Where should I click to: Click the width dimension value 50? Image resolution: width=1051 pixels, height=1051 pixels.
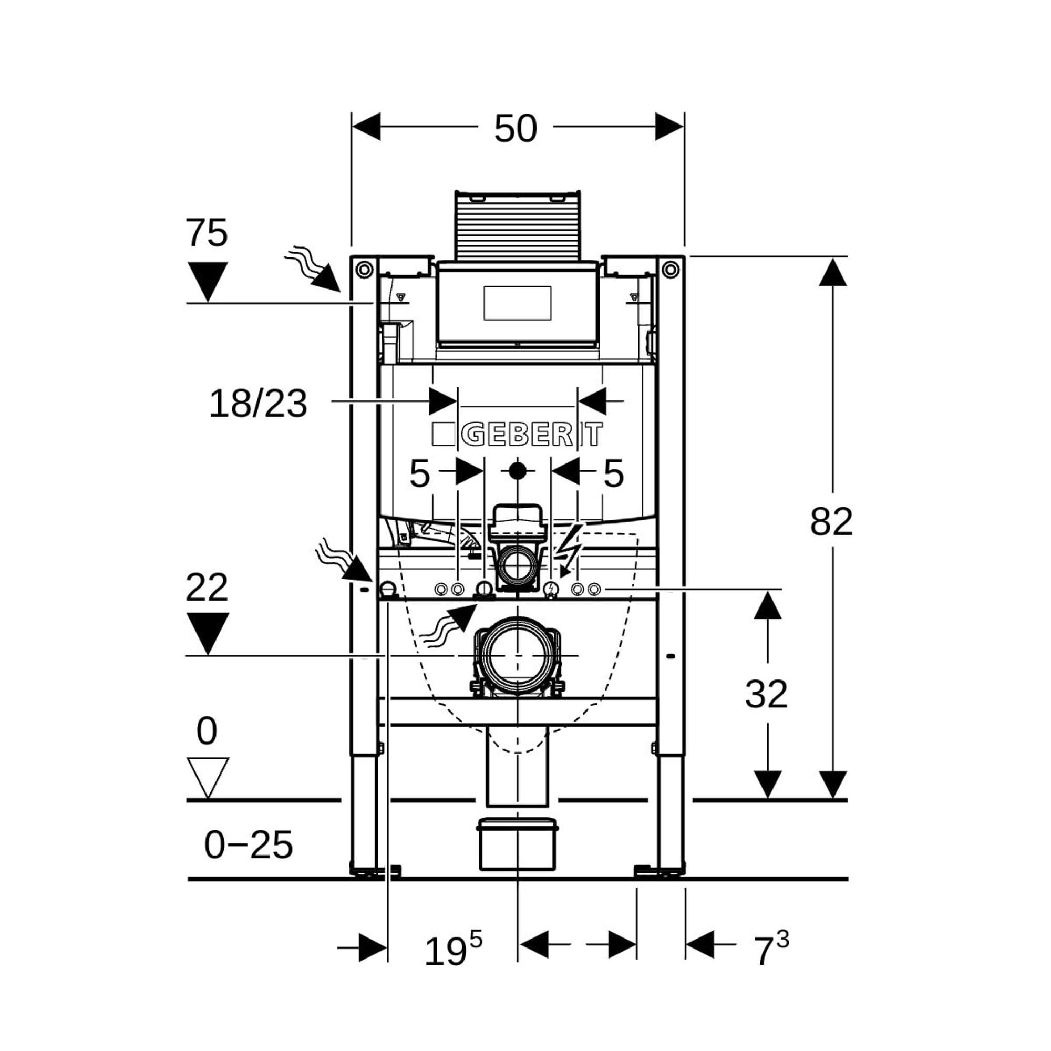(515, 129)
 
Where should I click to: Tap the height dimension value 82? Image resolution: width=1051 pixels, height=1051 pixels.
(831, 522)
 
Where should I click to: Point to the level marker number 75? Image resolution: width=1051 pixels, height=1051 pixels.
(206, 233)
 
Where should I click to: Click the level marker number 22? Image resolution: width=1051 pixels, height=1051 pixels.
(206, 588)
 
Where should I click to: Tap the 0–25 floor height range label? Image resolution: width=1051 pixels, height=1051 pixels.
(249, 846)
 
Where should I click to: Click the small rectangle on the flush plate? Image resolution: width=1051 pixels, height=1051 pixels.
(517, 303)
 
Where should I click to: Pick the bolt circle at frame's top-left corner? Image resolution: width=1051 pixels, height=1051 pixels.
(364, 269)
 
